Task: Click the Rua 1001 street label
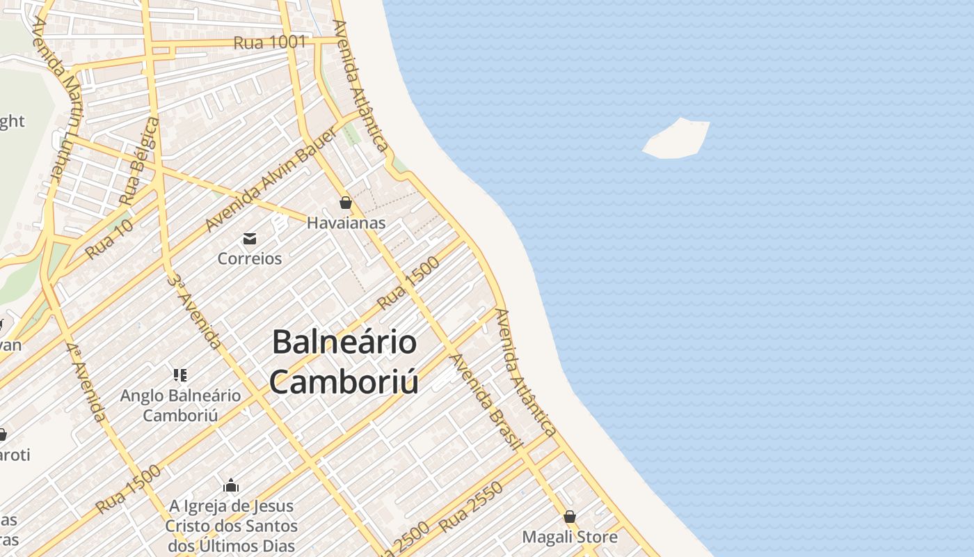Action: (269, 42)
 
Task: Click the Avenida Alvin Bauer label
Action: (271, 180)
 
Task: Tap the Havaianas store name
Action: (346, 223)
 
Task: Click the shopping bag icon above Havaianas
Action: (346, 203)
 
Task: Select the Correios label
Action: (250, 258)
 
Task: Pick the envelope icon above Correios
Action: (250, 239)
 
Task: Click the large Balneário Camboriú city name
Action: (344, 361)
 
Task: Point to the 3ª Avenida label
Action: (195, 311)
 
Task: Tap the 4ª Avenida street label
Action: (87, 382)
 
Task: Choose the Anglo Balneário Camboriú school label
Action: (181, 405)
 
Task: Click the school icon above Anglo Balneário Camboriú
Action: (180, 375)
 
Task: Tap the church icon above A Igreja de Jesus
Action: (231, 485)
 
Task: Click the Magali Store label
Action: (570, 537)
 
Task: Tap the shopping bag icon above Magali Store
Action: (570, 517)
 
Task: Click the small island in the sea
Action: (677, 139)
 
